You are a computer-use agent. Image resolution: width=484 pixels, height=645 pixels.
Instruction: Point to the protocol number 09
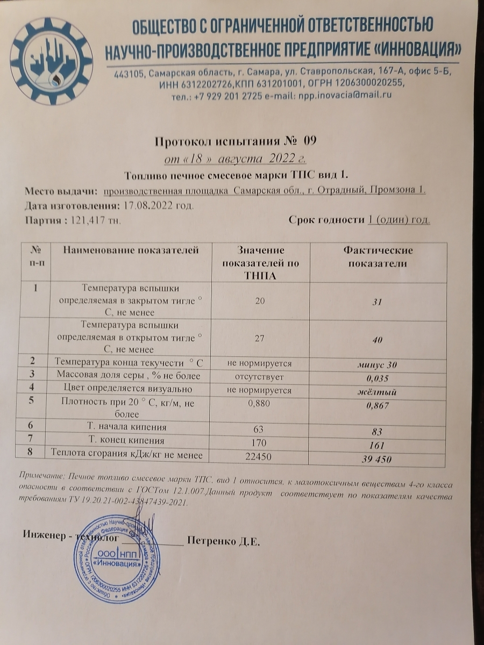click(x=310, y=142)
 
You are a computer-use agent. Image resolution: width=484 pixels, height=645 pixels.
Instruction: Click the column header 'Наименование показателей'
click(x=131, y=250)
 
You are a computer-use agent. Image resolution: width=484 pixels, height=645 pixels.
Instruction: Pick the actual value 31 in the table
click(x=378, y=303)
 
